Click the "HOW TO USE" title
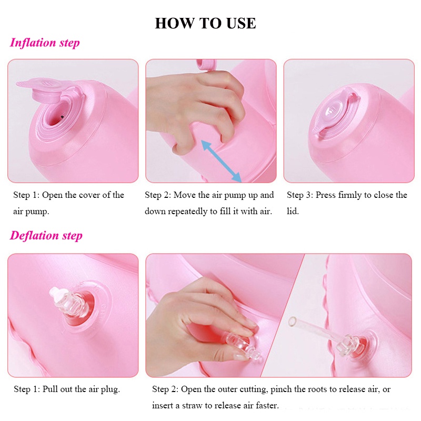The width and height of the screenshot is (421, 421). click(205, 23)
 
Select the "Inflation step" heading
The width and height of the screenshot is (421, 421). click(45, 43)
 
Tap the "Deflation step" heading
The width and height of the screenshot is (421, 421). click(46, 236)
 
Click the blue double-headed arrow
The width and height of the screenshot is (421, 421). click(221, 161)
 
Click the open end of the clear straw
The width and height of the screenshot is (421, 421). click(292, 321)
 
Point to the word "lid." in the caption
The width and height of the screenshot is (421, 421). click(293, 212)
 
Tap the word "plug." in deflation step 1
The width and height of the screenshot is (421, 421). click(110, 389)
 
